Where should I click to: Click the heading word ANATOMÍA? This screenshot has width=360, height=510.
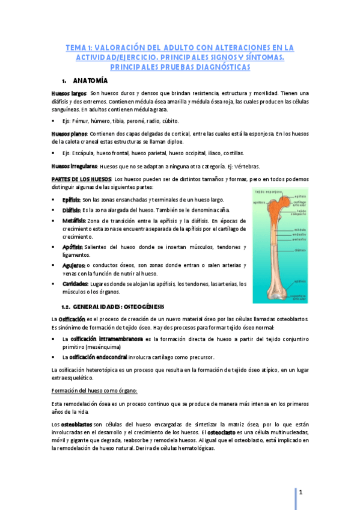90,81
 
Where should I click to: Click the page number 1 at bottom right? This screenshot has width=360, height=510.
307,494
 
